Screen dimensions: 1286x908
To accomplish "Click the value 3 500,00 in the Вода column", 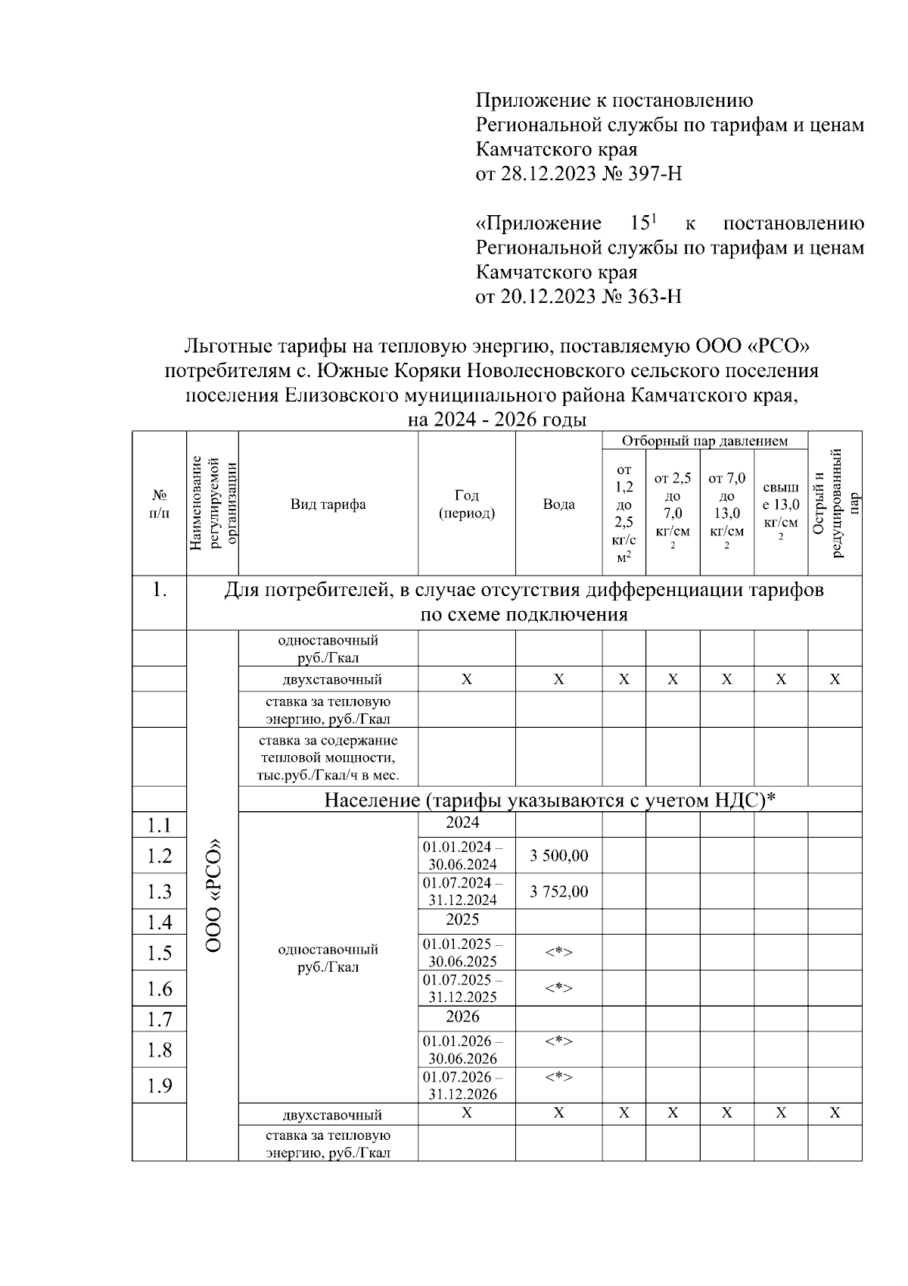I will (x=558, y=856).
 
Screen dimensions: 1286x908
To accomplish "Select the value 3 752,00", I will (x=558, y=891).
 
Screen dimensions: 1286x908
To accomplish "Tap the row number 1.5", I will (x=160, y=953).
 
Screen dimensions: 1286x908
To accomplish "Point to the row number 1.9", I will (x=160, y=1086).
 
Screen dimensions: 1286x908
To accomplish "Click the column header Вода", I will (x=558, y=504).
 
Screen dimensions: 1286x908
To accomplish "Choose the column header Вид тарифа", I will (x=328, y=504).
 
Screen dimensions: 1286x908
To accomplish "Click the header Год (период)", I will (x=467, y=504).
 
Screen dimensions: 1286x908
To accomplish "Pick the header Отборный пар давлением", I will (x=704, y=441).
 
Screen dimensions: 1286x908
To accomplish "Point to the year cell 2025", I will (x=462, y=920).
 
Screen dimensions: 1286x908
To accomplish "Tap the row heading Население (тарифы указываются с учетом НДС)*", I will (x=550, y=800).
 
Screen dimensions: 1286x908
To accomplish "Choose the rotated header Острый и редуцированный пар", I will (x=835, y=503).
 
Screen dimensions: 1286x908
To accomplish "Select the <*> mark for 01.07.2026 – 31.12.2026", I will (x=558, y=1077).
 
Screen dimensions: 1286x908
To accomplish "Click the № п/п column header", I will (x=160, y=504).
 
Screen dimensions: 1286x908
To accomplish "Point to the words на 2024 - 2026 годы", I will (x=497, y=420).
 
